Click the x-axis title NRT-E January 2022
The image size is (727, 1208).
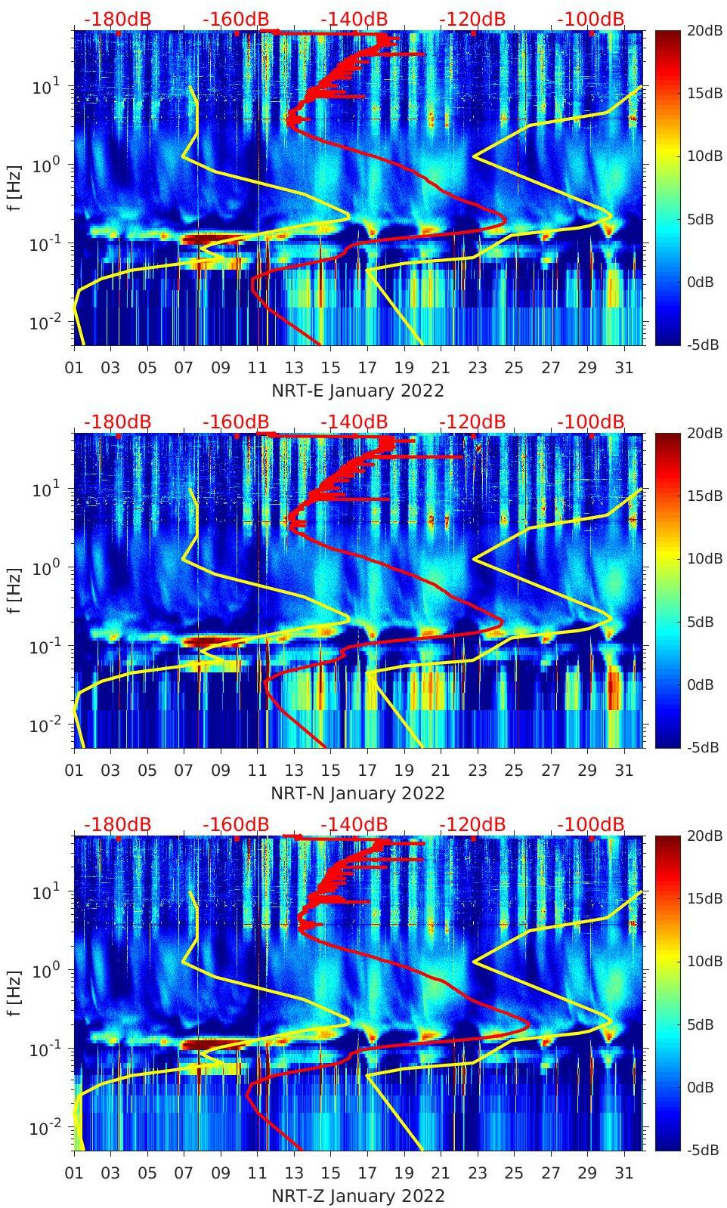[x=357, y=391]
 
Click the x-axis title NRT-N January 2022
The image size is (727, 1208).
[x=357, y=793]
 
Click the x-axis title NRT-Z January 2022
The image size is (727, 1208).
[x=357, y=1196]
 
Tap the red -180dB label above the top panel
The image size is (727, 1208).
[x=117, y=19]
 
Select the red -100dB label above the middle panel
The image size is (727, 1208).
[x=591, y=422]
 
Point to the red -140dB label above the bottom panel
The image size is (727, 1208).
[x=354, y=824]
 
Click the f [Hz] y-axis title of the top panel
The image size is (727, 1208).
[x=15, y=187]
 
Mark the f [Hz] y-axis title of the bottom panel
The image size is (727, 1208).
[x=15, y=993]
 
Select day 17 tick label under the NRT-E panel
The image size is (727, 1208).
[x=367, y=368]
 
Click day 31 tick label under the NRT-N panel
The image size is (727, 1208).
[x=623, y=771]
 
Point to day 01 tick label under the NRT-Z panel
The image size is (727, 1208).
[x=74, y=1173]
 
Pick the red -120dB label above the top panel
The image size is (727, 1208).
[x=472, y=19]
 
